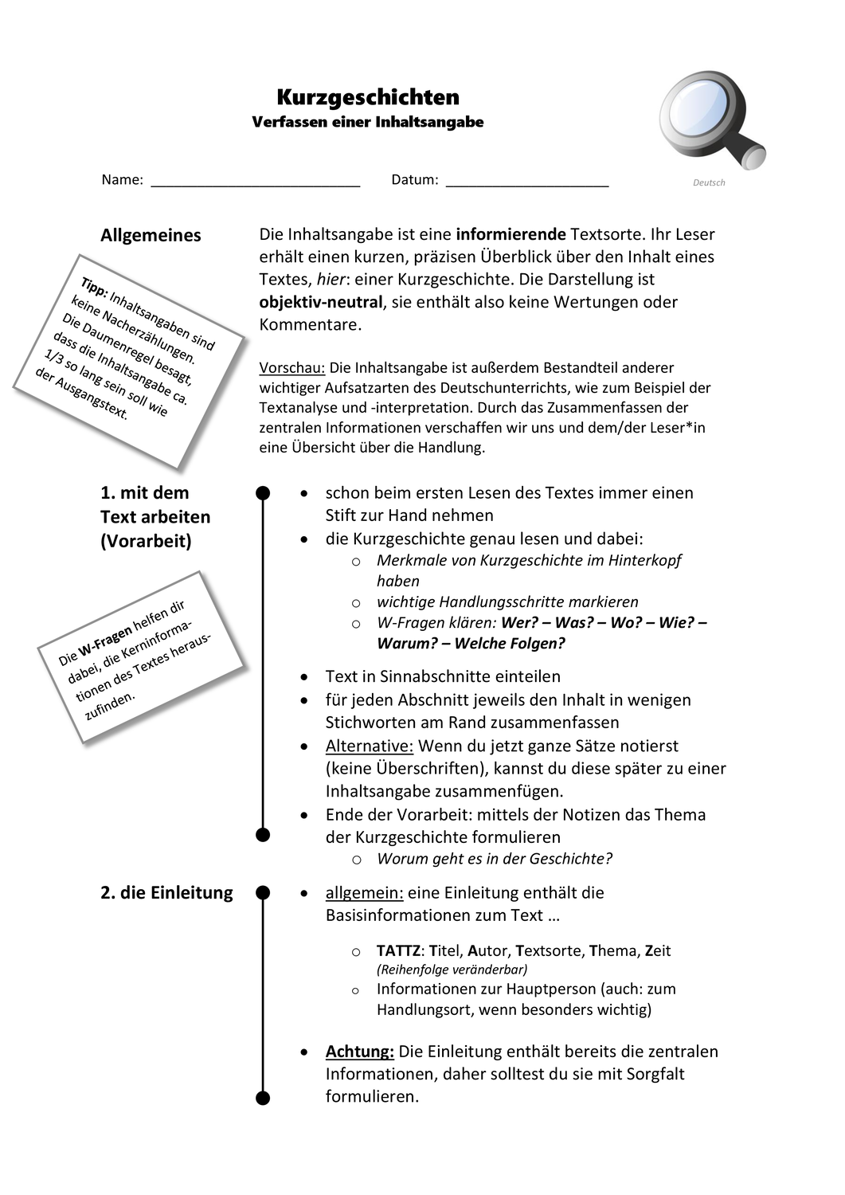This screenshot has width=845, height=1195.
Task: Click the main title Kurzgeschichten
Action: point(368,97)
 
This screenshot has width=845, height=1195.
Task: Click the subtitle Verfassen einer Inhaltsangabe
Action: point(368,122)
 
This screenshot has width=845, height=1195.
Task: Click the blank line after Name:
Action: point(256,181)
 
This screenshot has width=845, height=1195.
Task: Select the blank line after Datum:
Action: point(527,181)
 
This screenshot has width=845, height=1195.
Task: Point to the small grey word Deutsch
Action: point(709,182)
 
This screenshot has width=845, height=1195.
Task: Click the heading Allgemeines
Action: point(151,235)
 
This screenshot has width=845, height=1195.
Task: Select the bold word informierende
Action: point(511,234)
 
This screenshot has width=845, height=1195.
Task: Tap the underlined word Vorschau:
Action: point(291,368)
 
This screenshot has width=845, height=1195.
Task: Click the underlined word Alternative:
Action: point(370,746)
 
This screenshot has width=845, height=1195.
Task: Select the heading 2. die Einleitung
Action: point(166,892)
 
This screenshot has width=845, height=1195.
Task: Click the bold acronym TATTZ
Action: point(398,950)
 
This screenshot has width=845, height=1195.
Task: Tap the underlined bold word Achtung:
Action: point(360,1052)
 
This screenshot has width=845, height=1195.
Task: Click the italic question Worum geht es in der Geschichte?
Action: point(495,859)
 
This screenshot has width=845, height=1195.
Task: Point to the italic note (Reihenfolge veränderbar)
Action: point(452,970)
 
